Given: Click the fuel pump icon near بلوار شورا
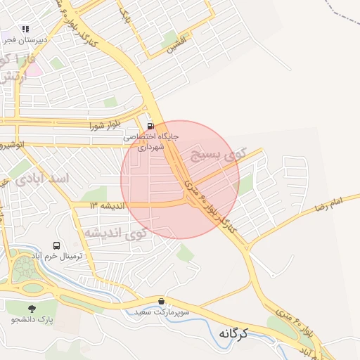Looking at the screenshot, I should coord(150,127).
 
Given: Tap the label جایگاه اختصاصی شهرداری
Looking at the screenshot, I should coord(151,141).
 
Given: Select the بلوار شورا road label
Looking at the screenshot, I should coord(105,126).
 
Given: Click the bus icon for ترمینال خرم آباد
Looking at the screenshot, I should coord(56,245).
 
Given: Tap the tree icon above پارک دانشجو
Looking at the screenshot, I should coord(32,308).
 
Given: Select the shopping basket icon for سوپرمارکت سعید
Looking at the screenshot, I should coord(162,301).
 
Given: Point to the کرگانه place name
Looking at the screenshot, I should coord(234,333).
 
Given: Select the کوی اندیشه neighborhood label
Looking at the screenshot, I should coord(113,232).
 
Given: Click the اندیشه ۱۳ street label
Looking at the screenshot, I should coord(106,205).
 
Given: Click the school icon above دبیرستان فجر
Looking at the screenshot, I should coord(25,30).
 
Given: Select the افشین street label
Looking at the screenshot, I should coord(178,46).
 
